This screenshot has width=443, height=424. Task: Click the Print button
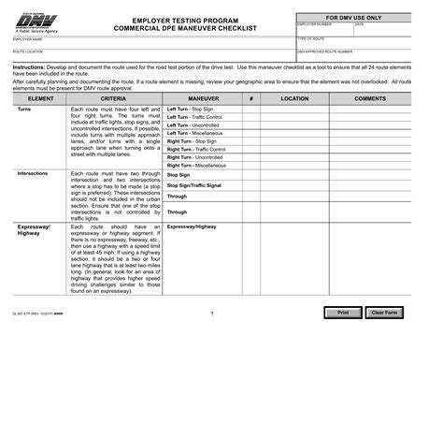[x=342, y=313]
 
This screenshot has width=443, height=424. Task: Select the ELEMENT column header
[x=42, y=97]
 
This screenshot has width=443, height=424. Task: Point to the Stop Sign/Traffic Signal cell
[x=193, y=186]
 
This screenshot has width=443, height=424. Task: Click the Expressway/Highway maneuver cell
[x=191, y=227]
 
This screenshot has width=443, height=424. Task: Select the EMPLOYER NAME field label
[x=27, y=40]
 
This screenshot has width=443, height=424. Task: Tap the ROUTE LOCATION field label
[x=27, y=53]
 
